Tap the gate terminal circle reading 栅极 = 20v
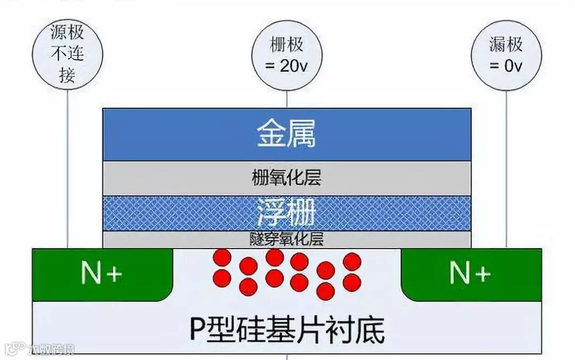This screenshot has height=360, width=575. pos(286,55)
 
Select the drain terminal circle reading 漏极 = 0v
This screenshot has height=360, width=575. pos(506,55)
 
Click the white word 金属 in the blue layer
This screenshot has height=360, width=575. pos(286,134)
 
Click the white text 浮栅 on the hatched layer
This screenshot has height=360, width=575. pos(286,211)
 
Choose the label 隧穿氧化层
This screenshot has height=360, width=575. pos(286,239)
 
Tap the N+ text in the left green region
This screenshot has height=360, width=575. pos(101,274)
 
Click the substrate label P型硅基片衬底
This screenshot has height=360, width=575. pos(286,330)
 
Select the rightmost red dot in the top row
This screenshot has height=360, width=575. pos(352,261)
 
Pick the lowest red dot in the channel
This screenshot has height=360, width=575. pos(326,291)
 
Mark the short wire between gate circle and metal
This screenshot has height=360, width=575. pos(286,99)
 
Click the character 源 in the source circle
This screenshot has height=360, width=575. pos(59,34)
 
